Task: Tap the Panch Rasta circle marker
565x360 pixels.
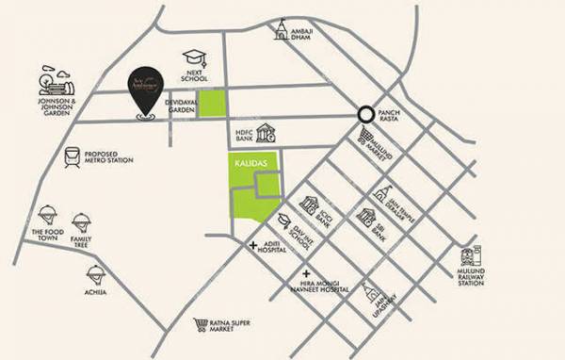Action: (363, 114)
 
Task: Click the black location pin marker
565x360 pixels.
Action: (144, 93)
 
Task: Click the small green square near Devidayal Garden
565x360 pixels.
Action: (212, 104)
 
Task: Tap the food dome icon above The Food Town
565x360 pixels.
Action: (45, 216)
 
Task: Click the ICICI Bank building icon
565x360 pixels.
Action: (308, 205)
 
